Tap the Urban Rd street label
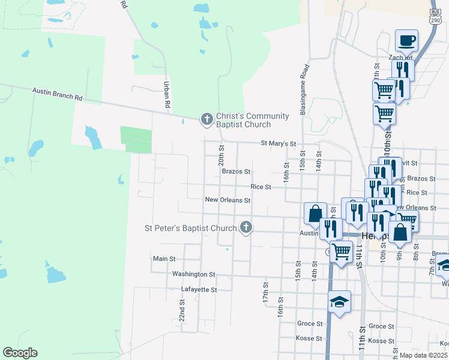(167, 95)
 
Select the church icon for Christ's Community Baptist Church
(207, 119)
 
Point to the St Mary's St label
(279, 144)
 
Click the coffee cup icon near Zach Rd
(406, 41)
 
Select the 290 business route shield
(435, 16)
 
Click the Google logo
(20, 353)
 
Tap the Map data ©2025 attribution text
(423, 355)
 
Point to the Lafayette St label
(199, 289)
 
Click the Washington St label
(193, 274)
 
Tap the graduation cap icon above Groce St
(339, 302)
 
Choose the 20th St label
(221, 155)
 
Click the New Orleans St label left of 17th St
(227, 200)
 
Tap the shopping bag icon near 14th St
(315, 213)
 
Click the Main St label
(164, 259)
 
